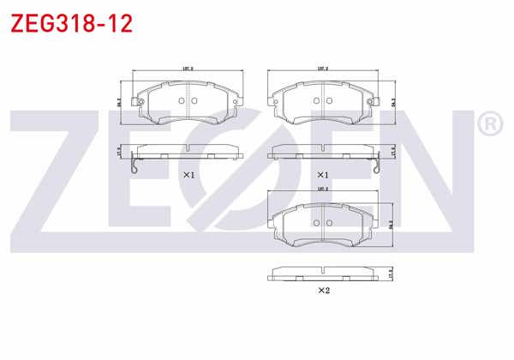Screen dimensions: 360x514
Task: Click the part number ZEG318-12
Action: click(70, 23)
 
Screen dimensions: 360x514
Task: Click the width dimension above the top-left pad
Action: click(186, 69)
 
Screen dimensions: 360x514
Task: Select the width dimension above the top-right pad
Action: click(323, 69)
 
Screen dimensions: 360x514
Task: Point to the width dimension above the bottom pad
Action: click(323, 190)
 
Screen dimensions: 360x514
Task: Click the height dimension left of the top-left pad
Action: click(120, 101)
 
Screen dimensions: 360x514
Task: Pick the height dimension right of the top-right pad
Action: click(391, 101)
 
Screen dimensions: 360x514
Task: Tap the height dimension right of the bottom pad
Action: click(391, 225)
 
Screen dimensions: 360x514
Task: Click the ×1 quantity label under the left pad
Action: click(189, 174)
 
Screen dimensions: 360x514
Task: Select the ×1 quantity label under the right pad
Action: click(323, 174)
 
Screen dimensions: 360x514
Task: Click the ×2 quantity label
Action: click(323, 291)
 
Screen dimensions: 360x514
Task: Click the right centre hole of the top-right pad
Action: click(328, 100)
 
